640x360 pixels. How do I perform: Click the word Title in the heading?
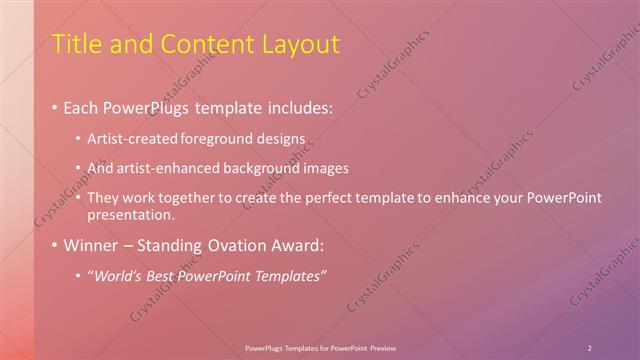click(74, 45)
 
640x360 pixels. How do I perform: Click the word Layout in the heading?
click(300, 45)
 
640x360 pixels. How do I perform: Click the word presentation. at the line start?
click(131, 214)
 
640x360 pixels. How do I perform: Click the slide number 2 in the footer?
click(590, 347)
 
